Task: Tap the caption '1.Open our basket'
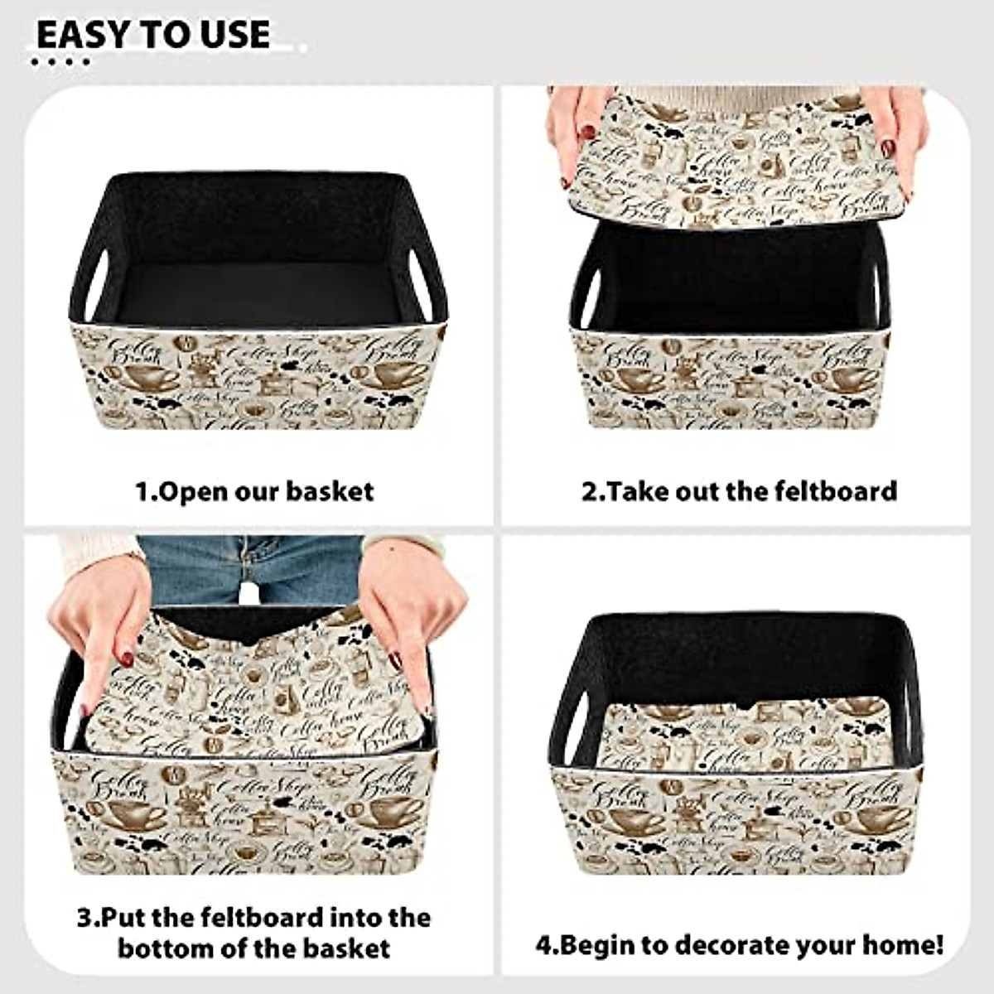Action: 254,491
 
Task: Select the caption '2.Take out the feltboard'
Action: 739,490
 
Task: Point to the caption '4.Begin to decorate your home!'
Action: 739,944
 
